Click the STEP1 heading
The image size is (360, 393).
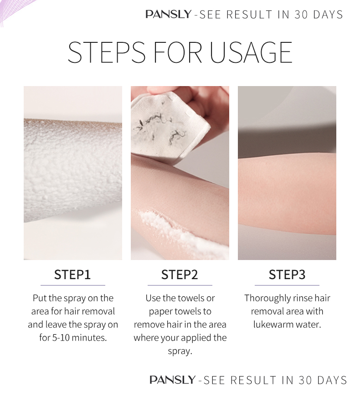pyautogui.click(x=72, y=275)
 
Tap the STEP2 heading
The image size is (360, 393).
pyautogui.click(x=180, y=275)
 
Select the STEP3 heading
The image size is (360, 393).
pyautogui.click(x=287, y=275)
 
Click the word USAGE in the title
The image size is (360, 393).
pyautogui.click(x=251, y=53)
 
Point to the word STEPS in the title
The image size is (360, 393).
pyautogui.click(x=106, y=53)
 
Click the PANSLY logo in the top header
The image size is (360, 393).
pyautogui.click(x=168, y=14)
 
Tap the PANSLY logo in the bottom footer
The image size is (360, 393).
pyautogui.click(x=172, y=380)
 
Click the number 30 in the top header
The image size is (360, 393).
pyautogui.click(x=301, y=15)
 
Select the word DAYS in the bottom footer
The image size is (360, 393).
pyautogui.click(x=332, y=380)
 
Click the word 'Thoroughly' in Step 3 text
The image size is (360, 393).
pyautogui.click(x=266, y=299)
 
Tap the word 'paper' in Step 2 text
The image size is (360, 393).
pyautogui.click(x=161, y=312)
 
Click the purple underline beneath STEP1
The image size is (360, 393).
pyautogui.click(x=73, y=285)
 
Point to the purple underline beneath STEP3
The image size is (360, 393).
pyautogui.click(x=287, y=285)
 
